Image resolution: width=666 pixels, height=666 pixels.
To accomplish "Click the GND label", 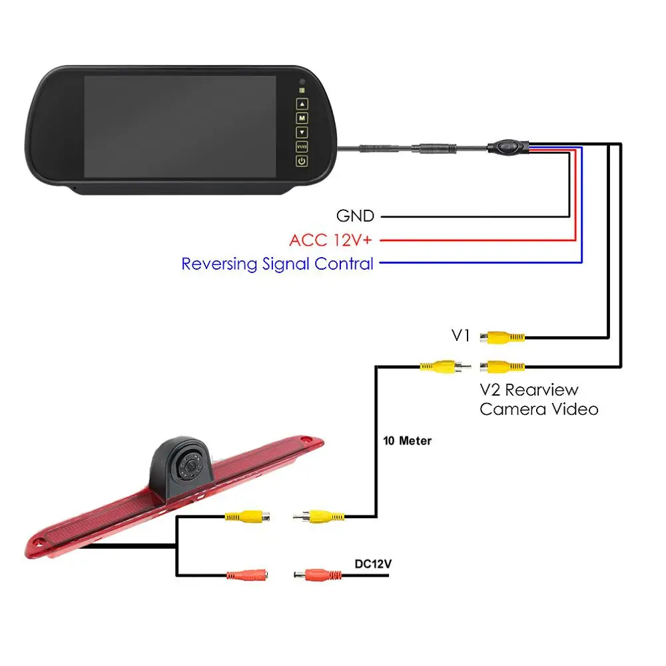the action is [x=355, y=216].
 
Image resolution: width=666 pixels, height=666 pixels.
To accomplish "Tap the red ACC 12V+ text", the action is [x=330, y=240].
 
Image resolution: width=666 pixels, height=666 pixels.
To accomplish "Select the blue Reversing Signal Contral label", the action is [x=277, y=264].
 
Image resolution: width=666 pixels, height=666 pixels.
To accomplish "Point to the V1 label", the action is [x=460, y=336].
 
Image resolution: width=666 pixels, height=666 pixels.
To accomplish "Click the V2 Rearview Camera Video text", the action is [x=539, y=400].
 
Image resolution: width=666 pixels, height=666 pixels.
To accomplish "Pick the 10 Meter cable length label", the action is [x=407, y=441].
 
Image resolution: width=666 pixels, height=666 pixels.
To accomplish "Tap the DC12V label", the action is [x=373, y=563].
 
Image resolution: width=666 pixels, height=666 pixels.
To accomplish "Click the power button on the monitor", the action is [x=302, y=161].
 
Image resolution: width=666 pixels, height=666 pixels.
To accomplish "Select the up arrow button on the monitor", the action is [x=302, y=104].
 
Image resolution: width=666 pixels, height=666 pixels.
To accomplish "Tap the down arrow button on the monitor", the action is [x=302, y=133].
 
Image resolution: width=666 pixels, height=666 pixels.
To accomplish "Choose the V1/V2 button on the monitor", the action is [x=302, y=147].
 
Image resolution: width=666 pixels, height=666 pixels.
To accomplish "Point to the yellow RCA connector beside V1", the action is [x=502, y=338].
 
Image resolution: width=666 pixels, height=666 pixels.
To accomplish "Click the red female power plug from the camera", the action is [x=247, y=575].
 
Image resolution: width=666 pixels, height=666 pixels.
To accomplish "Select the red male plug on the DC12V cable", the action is [x=318, y=575].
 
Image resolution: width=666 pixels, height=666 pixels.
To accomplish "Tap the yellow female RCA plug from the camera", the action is [x=247, y=517].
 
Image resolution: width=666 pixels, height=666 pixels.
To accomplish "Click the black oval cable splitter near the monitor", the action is [x=508, y=147].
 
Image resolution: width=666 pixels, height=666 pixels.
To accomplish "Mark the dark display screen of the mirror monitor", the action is [x=180, y=127].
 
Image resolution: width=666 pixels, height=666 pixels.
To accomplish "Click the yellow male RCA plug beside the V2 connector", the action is [x=445, y=366].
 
